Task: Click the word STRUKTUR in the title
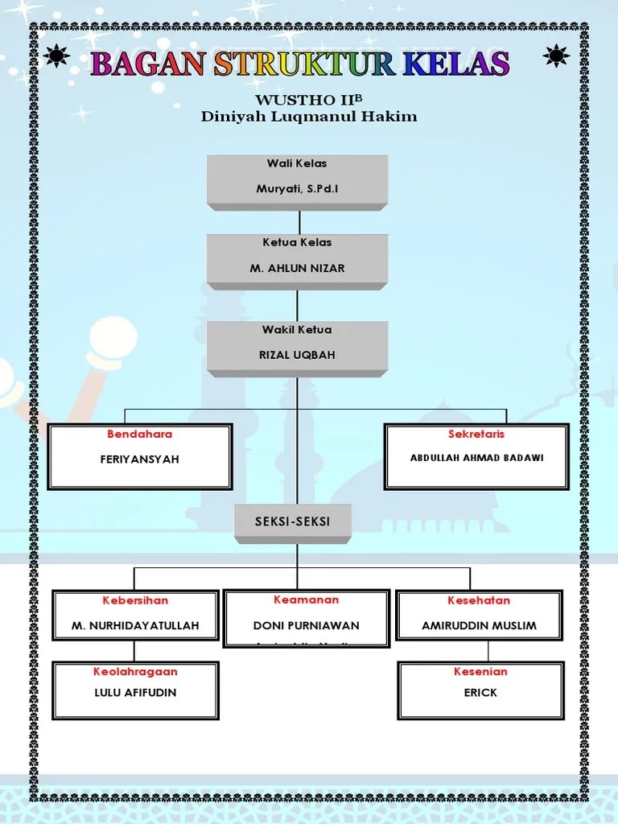coord(299,64)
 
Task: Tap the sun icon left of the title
coord(57,56)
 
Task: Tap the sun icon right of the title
coord(557,56)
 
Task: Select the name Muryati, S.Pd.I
coord(297,189)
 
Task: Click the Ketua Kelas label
coord(297,242)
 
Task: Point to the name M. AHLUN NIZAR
coord(297,269)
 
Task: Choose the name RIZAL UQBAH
coord(297,356)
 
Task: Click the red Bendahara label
coord(140,435)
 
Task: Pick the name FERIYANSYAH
coord(140,459)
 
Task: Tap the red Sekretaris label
coord(476,435)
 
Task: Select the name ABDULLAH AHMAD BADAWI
coord(476,458)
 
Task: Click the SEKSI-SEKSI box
coord(293,522)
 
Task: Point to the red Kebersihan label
coord(135,600)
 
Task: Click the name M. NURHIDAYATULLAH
coord(135,625)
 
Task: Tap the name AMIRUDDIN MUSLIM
coord(479,625)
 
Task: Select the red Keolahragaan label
coord(135,671)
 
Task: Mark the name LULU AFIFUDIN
coord(135,692)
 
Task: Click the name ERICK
coord(480,692)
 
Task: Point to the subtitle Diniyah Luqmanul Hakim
coord(309,117)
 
